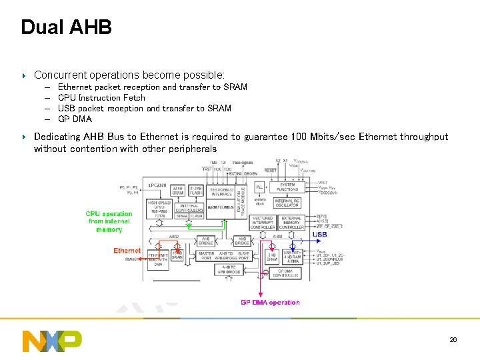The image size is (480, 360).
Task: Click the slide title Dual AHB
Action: (66, 27)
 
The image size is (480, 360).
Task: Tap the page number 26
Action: (453, 340)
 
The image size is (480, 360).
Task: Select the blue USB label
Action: (320, 235)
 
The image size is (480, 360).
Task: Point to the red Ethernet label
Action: (127, 251)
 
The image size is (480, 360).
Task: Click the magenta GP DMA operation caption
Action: (270, 303)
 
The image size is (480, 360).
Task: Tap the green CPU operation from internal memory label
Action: (109, 222)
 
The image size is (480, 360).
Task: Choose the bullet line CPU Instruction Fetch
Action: (101, 97)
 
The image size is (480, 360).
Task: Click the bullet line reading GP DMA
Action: (75, 119)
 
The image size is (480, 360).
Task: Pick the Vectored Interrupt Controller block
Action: (263, 223)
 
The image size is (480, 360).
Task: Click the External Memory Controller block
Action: (292, 223)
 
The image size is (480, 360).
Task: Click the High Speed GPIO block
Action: (160, 209)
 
